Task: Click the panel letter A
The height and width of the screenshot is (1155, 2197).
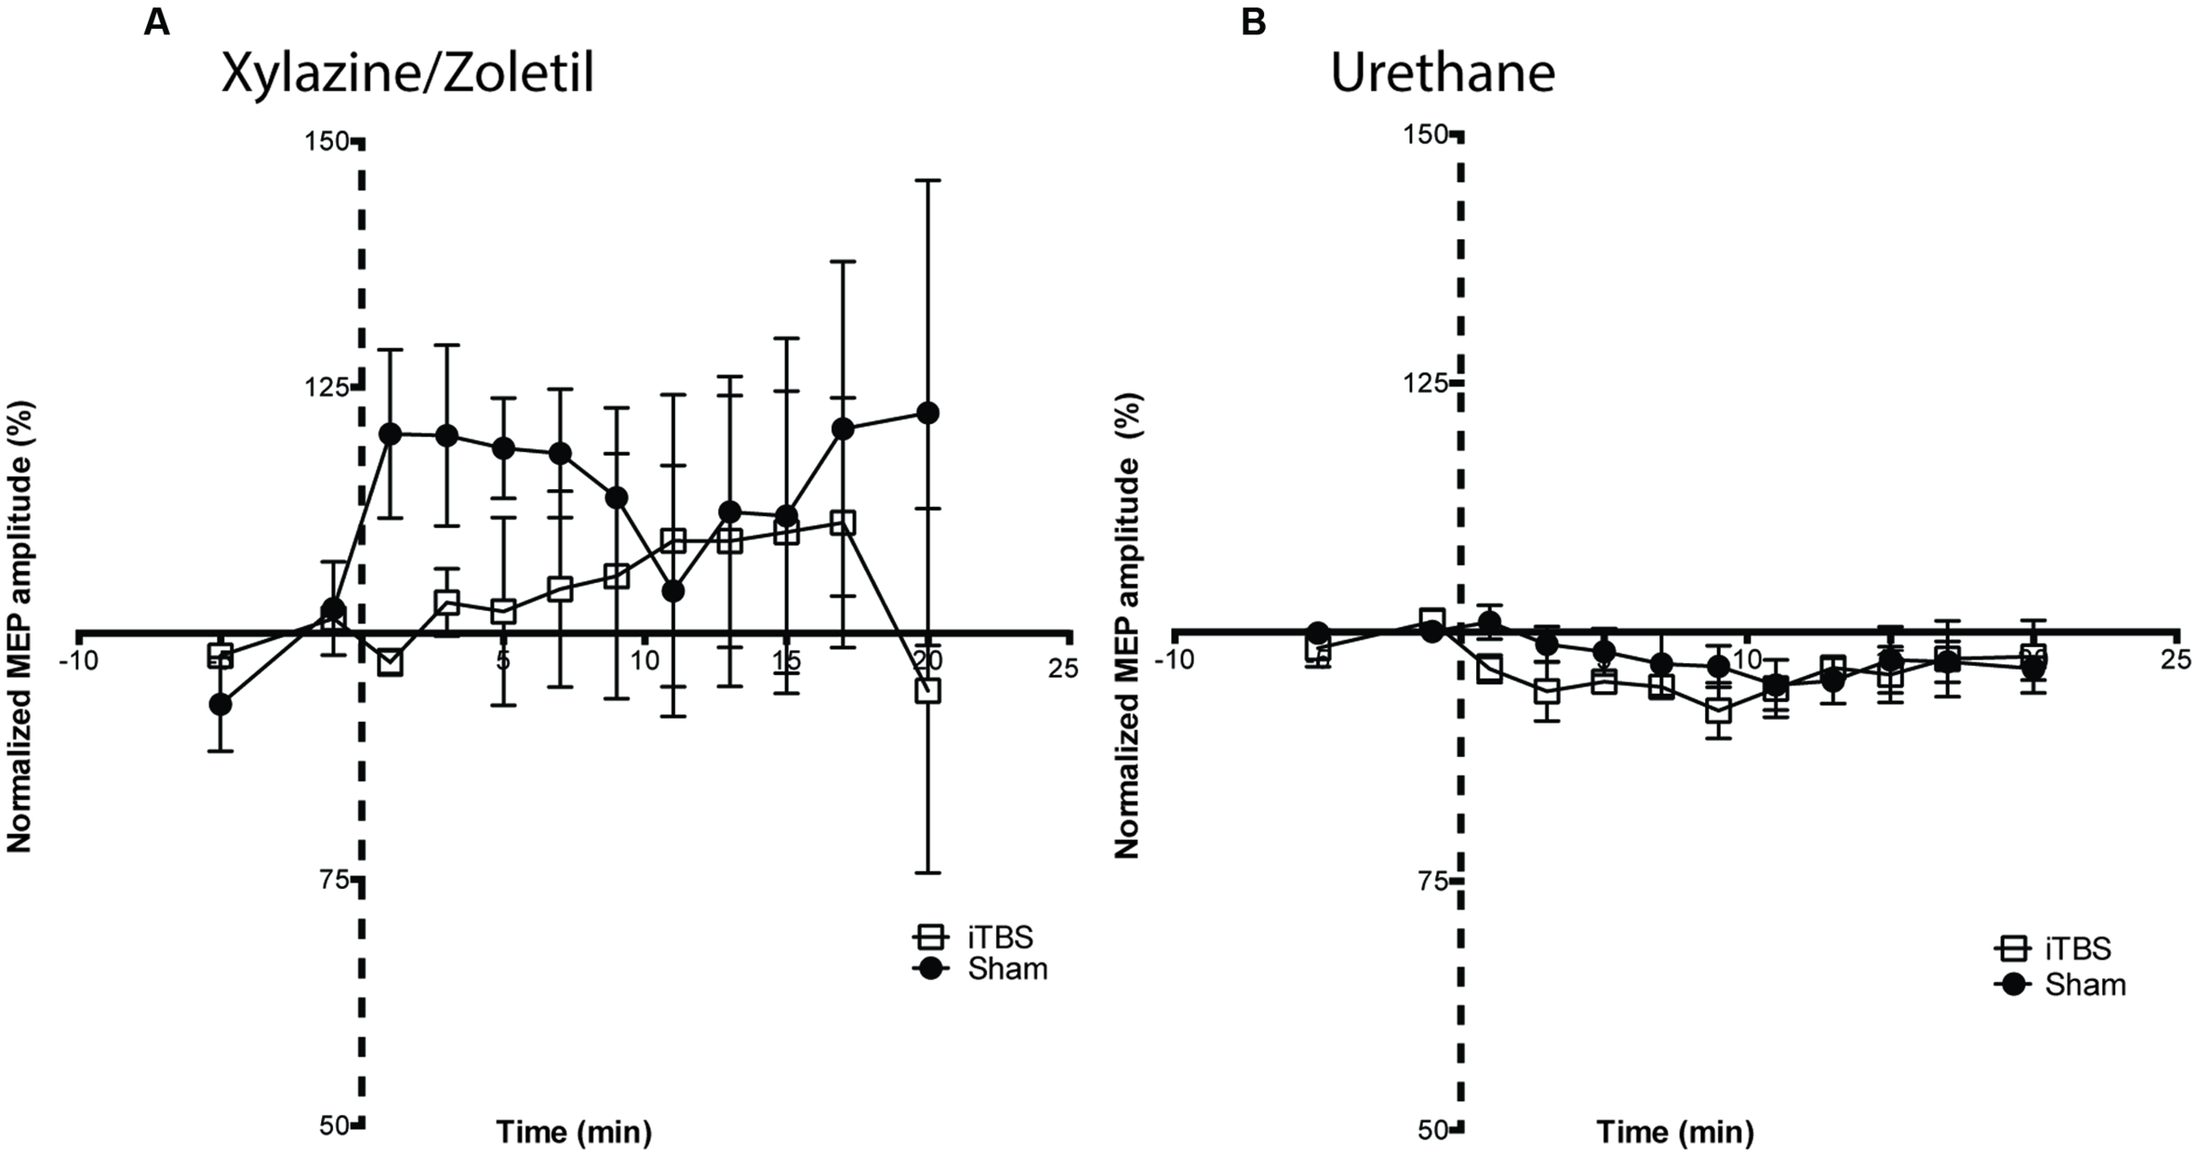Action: pos(156,22)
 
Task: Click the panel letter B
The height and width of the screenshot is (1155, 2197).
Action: pos(1253,22)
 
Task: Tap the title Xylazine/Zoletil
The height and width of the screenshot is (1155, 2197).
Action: pos(407,73)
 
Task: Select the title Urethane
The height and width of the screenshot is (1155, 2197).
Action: pos(1443,73)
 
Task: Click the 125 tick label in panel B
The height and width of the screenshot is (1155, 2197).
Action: pos(1423,382)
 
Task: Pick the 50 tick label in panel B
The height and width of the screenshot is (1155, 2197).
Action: pos(1433,1130)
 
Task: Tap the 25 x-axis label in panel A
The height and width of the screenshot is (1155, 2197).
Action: pos(1062,667)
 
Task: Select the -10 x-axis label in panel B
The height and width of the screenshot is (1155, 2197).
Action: pos(1175,659)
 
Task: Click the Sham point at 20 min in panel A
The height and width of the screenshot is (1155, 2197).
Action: pos(927,413)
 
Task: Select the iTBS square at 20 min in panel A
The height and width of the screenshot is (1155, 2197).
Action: pos(927,690)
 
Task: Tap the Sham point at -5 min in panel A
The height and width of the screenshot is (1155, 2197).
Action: pos(220,704)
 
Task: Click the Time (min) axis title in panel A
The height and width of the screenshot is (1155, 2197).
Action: pos(573,1132)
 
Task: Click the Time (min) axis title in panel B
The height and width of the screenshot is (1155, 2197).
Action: pos(1674,1132)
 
